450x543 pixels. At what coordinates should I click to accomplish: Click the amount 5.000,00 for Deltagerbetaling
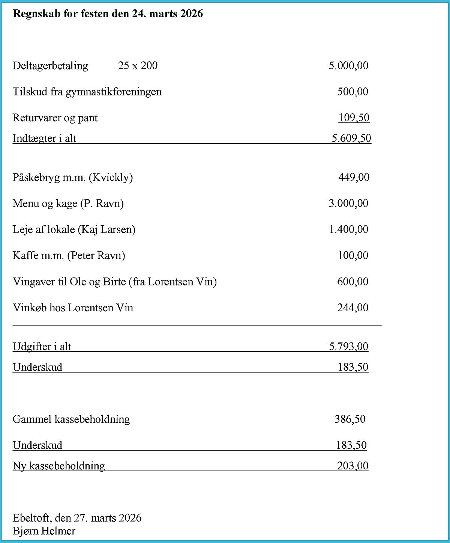(348, 66)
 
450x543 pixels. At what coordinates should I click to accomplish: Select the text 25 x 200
(138, 66)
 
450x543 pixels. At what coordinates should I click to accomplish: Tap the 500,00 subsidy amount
(352, 92)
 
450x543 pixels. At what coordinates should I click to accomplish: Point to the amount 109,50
(354, 118)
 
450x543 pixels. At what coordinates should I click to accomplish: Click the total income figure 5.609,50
(351, 139)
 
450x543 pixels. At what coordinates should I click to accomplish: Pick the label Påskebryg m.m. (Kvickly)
(73, 177)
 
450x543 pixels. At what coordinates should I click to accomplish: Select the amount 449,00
(354, 177)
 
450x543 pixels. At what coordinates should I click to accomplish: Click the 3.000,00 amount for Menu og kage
(348, 204)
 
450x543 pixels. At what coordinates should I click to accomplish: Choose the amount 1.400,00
(348, 229)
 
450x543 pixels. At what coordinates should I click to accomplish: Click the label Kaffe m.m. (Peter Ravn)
(69, 256)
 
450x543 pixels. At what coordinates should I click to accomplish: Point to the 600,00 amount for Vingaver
(352, 282)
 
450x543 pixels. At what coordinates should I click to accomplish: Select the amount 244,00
(352, 308)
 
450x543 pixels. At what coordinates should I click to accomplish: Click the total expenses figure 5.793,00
(348, 347)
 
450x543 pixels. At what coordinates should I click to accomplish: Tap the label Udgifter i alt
(42, 347)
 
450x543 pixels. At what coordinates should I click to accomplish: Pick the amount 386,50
(349, 419)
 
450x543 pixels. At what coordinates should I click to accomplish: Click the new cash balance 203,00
(352, 466)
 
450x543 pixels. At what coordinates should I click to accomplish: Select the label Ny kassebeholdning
(59, 466)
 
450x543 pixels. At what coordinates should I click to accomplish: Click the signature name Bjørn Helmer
(44, 531)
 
